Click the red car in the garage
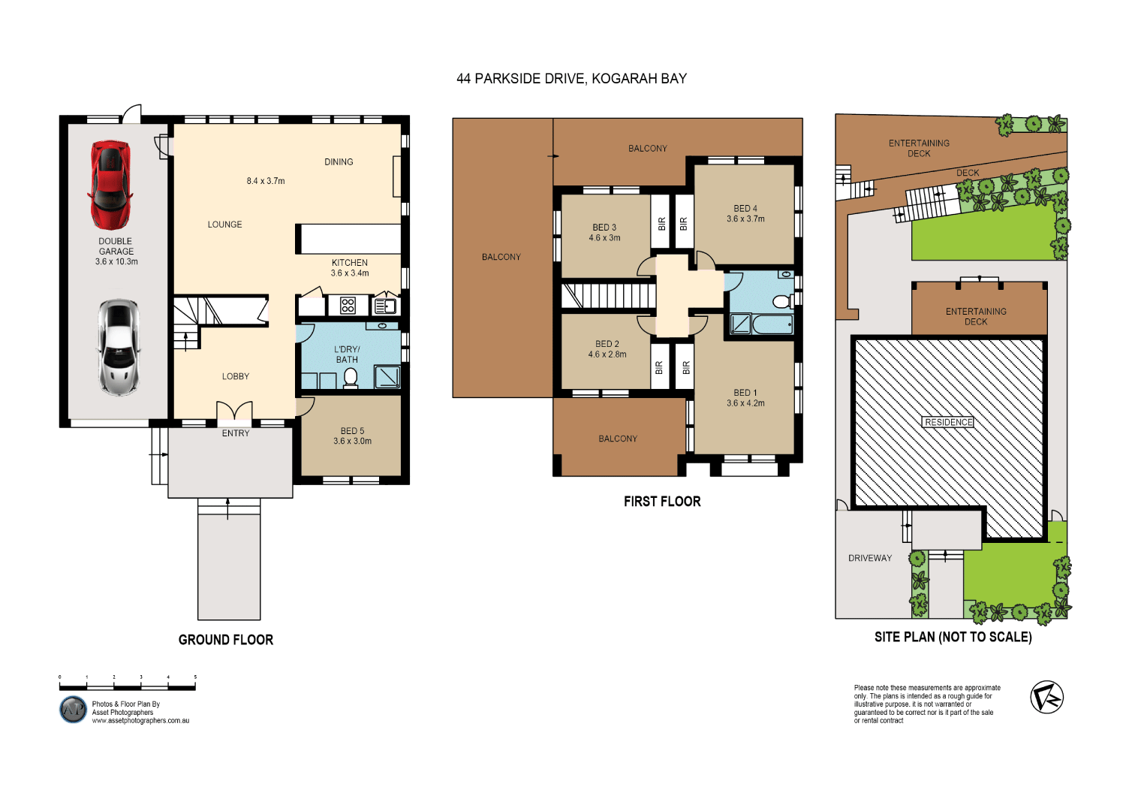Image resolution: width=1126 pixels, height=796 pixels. click(110, 184)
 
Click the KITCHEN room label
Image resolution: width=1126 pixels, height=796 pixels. click(350, 263)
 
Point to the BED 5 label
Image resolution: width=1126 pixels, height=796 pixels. click(352, 431)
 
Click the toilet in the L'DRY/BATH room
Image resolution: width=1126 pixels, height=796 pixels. click(350, 377)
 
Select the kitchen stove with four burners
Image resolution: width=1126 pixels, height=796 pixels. click(348, 305)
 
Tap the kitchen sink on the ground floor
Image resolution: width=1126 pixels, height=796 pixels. click(385, 306)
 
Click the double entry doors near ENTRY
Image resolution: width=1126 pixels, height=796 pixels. click(235, 412)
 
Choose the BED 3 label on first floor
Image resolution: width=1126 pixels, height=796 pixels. click(604, 228)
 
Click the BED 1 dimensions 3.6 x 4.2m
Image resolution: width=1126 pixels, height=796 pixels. click(745, 403)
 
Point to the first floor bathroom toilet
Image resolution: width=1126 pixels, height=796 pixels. click(782, 301)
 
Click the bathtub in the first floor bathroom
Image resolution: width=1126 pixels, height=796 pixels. click(772, 324)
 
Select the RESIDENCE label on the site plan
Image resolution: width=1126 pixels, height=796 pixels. click(948, 422)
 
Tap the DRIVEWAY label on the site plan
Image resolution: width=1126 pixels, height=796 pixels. click(870, 558)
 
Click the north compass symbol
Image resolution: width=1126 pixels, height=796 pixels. click(1046, 697)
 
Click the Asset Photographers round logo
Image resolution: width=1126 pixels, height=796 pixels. click(73, 710)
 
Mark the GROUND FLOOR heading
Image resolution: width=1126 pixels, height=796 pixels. click(226, 640)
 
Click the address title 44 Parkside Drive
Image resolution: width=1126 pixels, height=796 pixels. click(571, 79)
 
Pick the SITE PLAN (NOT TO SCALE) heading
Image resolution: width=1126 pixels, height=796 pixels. click(953, 637)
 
